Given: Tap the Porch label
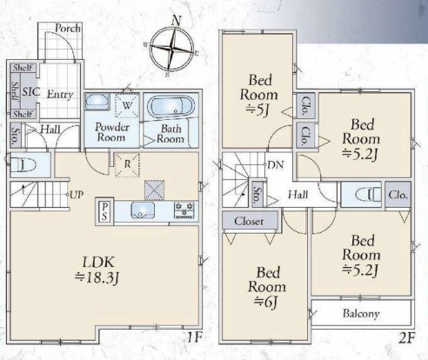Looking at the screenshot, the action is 68,28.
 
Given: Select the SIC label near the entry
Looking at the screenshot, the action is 30,91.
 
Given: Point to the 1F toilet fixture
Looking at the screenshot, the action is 23,165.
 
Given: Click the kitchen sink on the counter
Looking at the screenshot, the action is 143,210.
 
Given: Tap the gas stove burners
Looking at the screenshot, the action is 184,210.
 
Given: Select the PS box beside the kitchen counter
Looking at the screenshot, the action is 104,211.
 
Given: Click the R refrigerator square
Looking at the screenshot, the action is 127,164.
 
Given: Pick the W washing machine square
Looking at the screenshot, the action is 127,105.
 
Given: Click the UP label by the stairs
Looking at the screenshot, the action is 77,195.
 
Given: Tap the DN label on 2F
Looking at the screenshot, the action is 276,165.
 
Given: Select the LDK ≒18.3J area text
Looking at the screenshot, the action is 97,270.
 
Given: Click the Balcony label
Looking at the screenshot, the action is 361,313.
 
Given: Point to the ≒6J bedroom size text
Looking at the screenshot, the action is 266,303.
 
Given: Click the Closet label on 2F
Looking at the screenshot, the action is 249,222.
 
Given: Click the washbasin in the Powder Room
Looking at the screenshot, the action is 97,101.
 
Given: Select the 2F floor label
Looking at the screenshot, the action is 407,338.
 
